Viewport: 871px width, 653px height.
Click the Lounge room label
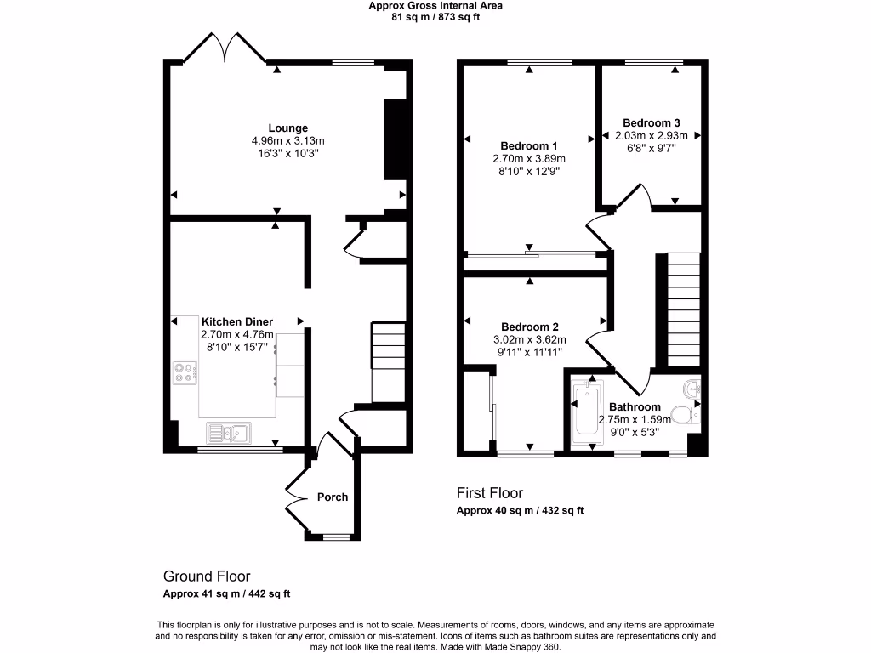pyautogui.click(x=288, y=128)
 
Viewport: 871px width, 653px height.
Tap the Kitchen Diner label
pyautogui.click(x=236, y=321)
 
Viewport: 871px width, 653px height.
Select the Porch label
pyautogui.click(x=333, y=497)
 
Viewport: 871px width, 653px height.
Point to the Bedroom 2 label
pyautogui.click(x=529, y=326)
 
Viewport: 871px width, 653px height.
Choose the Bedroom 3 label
pyautogui.click(x=651, y=122)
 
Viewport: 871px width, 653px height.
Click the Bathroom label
pyautogui.click(x=634, y=407)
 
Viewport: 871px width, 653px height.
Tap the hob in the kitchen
pyautogui.click(x=186, y=372)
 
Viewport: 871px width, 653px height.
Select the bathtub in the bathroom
pyautogui.click(x=586, y=412)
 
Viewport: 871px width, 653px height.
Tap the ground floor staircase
pyautogui.click(x=389, y=357)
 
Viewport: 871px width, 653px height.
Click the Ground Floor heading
pyautogui.click(x=207, y=576)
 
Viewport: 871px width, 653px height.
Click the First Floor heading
pyautogui.click(x=490, y=493)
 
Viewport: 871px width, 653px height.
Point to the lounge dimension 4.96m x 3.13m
pyautogui.click(x=288, y=140)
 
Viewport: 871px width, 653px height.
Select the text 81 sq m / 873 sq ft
pyautogui.click(x=435, y=17)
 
